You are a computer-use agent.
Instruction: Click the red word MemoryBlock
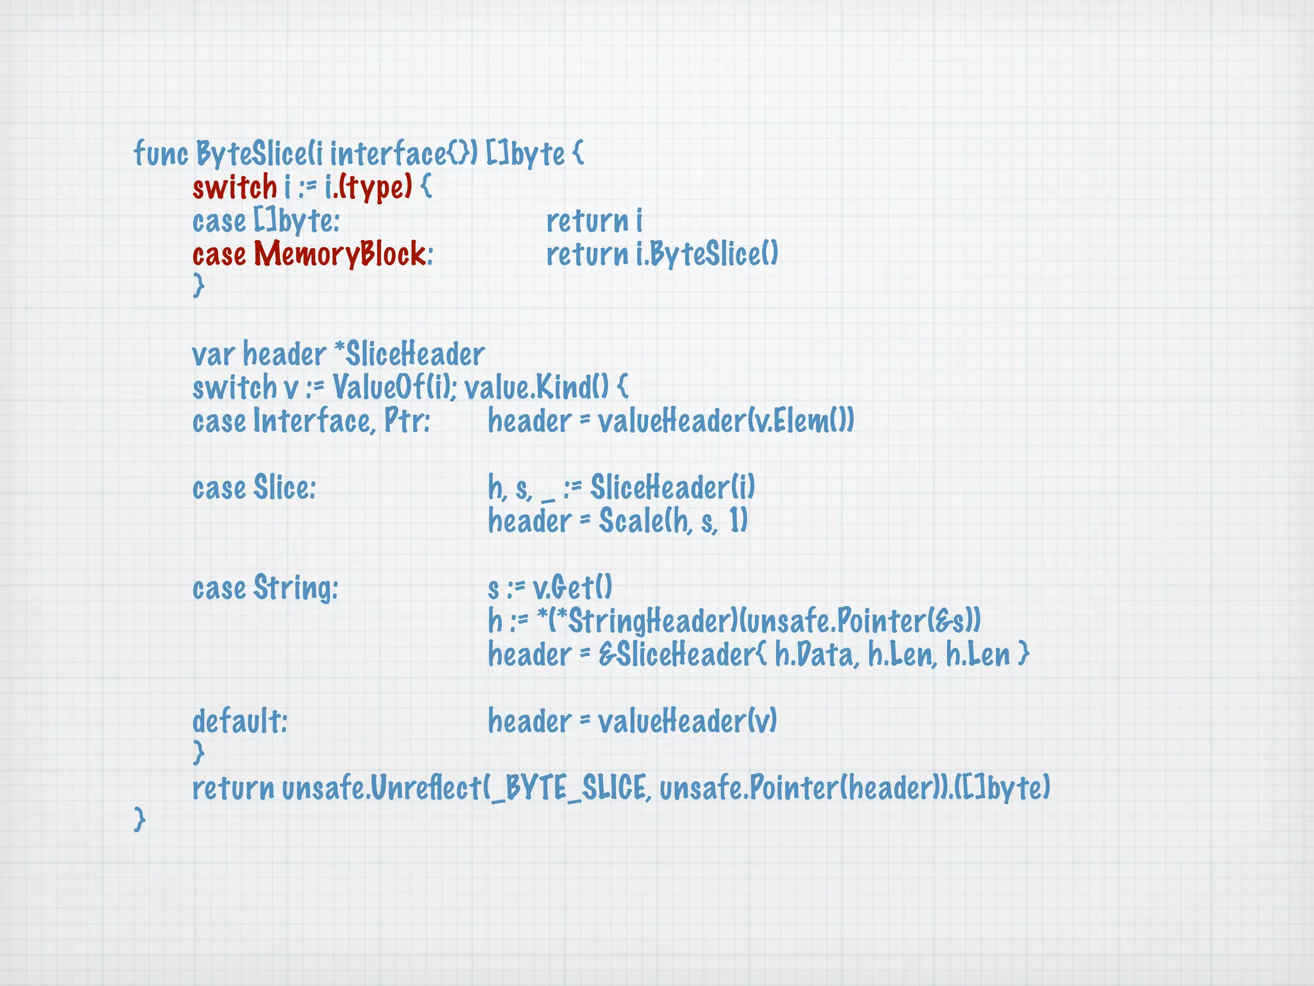coord(339,254)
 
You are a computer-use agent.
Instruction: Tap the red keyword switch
coord(234,187)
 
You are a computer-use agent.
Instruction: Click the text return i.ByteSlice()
coord(661,254)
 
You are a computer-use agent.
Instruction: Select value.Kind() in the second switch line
coord(536,388)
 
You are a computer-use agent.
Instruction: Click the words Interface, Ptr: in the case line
coord(341,421)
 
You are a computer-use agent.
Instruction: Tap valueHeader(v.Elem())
coord(726,421)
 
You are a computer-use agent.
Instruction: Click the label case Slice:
coord(254,488)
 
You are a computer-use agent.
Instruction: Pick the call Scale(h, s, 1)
coord(673,521)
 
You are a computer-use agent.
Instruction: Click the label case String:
coord(265,588)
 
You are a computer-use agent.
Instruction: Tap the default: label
coord(240,722)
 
